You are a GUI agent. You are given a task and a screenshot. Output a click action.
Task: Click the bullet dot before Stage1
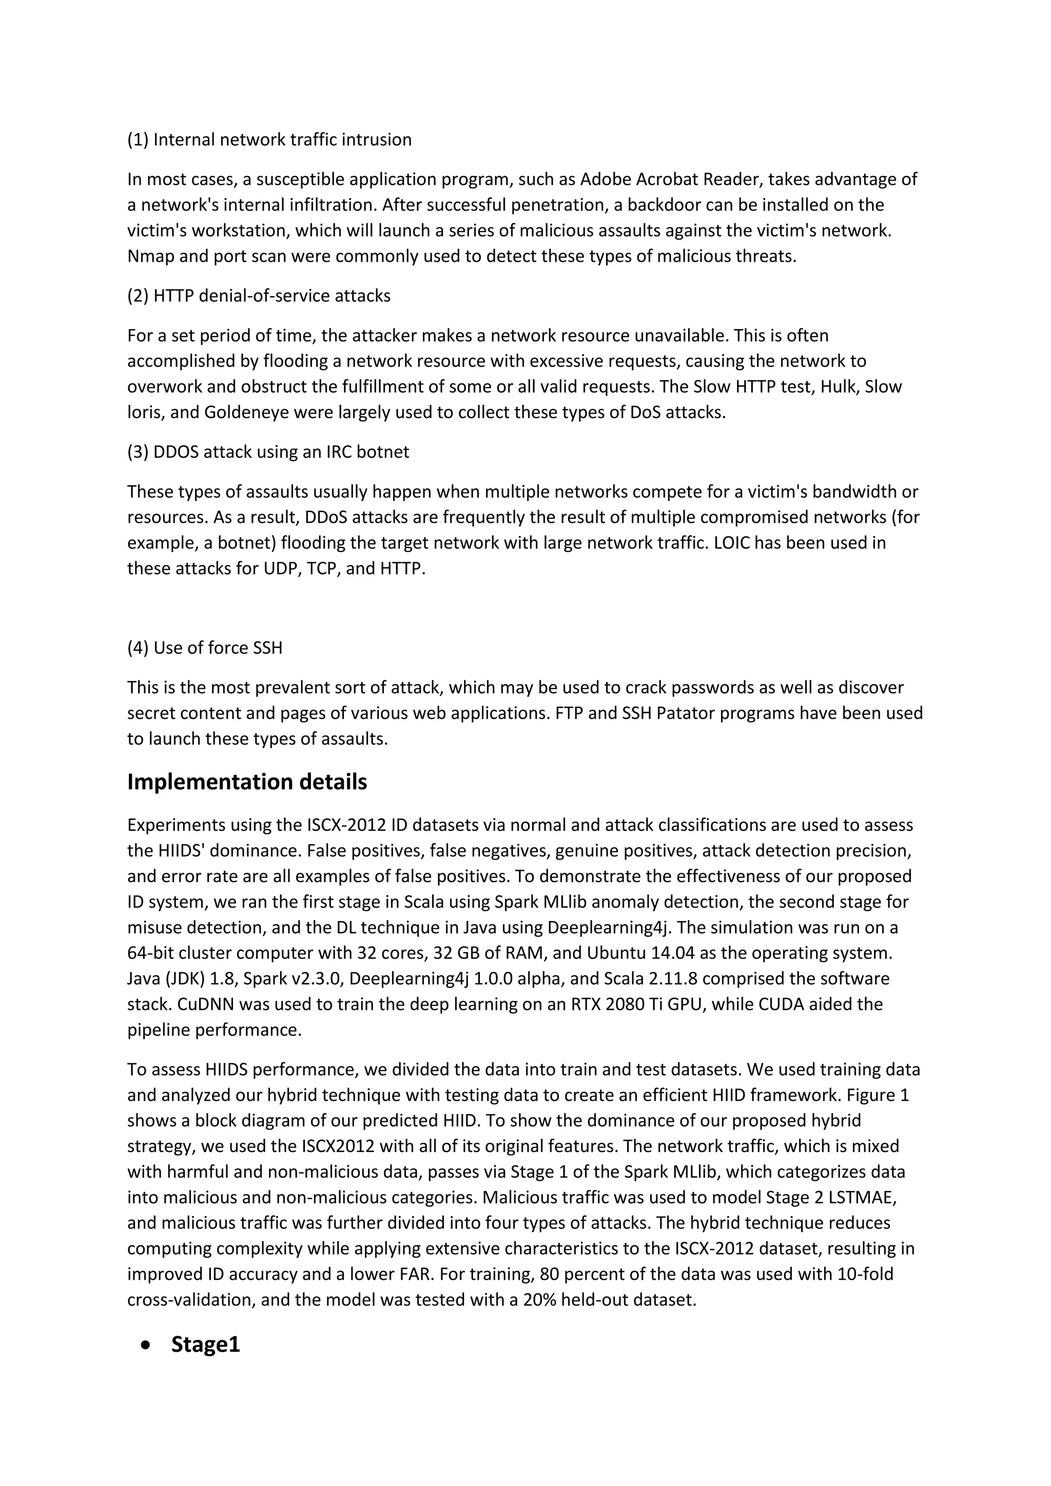tap(147, 1344)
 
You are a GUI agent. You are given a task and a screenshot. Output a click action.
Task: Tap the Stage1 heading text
tap(205, 1344)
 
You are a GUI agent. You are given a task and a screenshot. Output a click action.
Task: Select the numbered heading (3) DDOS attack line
tap(268, 452)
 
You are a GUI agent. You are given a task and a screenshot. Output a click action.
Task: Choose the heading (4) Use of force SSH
tap(205, 648)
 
